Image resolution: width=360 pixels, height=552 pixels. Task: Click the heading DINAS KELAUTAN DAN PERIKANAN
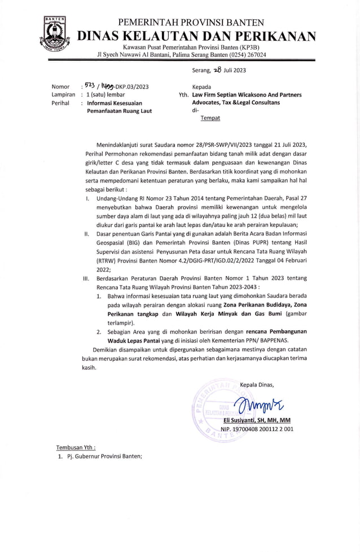click(196, 37)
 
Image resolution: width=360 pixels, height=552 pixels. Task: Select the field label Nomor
click(60, 86)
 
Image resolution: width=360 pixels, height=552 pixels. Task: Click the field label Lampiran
click(63, 95)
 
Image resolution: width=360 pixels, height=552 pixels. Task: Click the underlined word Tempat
click(210, 118)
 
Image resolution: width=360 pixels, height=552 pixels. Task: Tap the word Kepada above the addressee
click(201, 87)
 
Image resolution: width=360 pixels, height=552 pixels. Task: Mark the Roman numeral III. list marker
click(86, 278)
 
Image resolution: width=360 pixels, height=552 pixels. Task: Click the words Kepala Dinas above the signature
click(257, 384)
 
